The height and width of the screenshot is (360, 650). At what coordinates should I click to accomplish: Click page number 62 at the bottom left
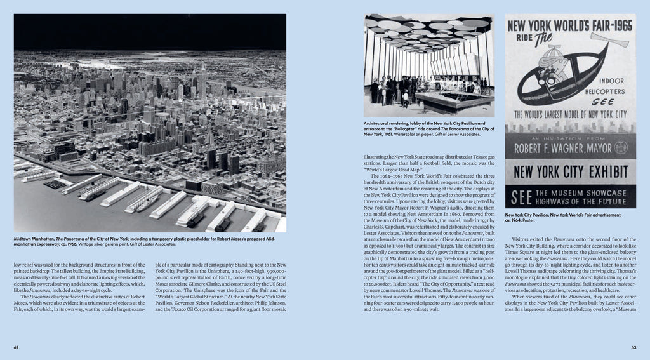point(17,347)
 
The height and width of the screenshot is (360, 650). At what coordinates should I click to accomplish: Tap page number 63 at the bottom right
point(633,347)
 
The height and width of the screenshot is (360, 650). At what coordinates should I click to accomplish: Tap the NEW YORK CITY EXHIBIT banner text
point(570,171)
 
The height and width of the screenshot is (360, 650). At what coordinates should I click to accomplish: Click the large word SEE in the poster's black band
point(521,197)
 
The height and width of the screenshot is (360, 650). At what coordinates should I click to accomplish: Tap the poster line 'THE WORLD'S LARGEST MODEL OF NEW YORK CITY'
point(570,115)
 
